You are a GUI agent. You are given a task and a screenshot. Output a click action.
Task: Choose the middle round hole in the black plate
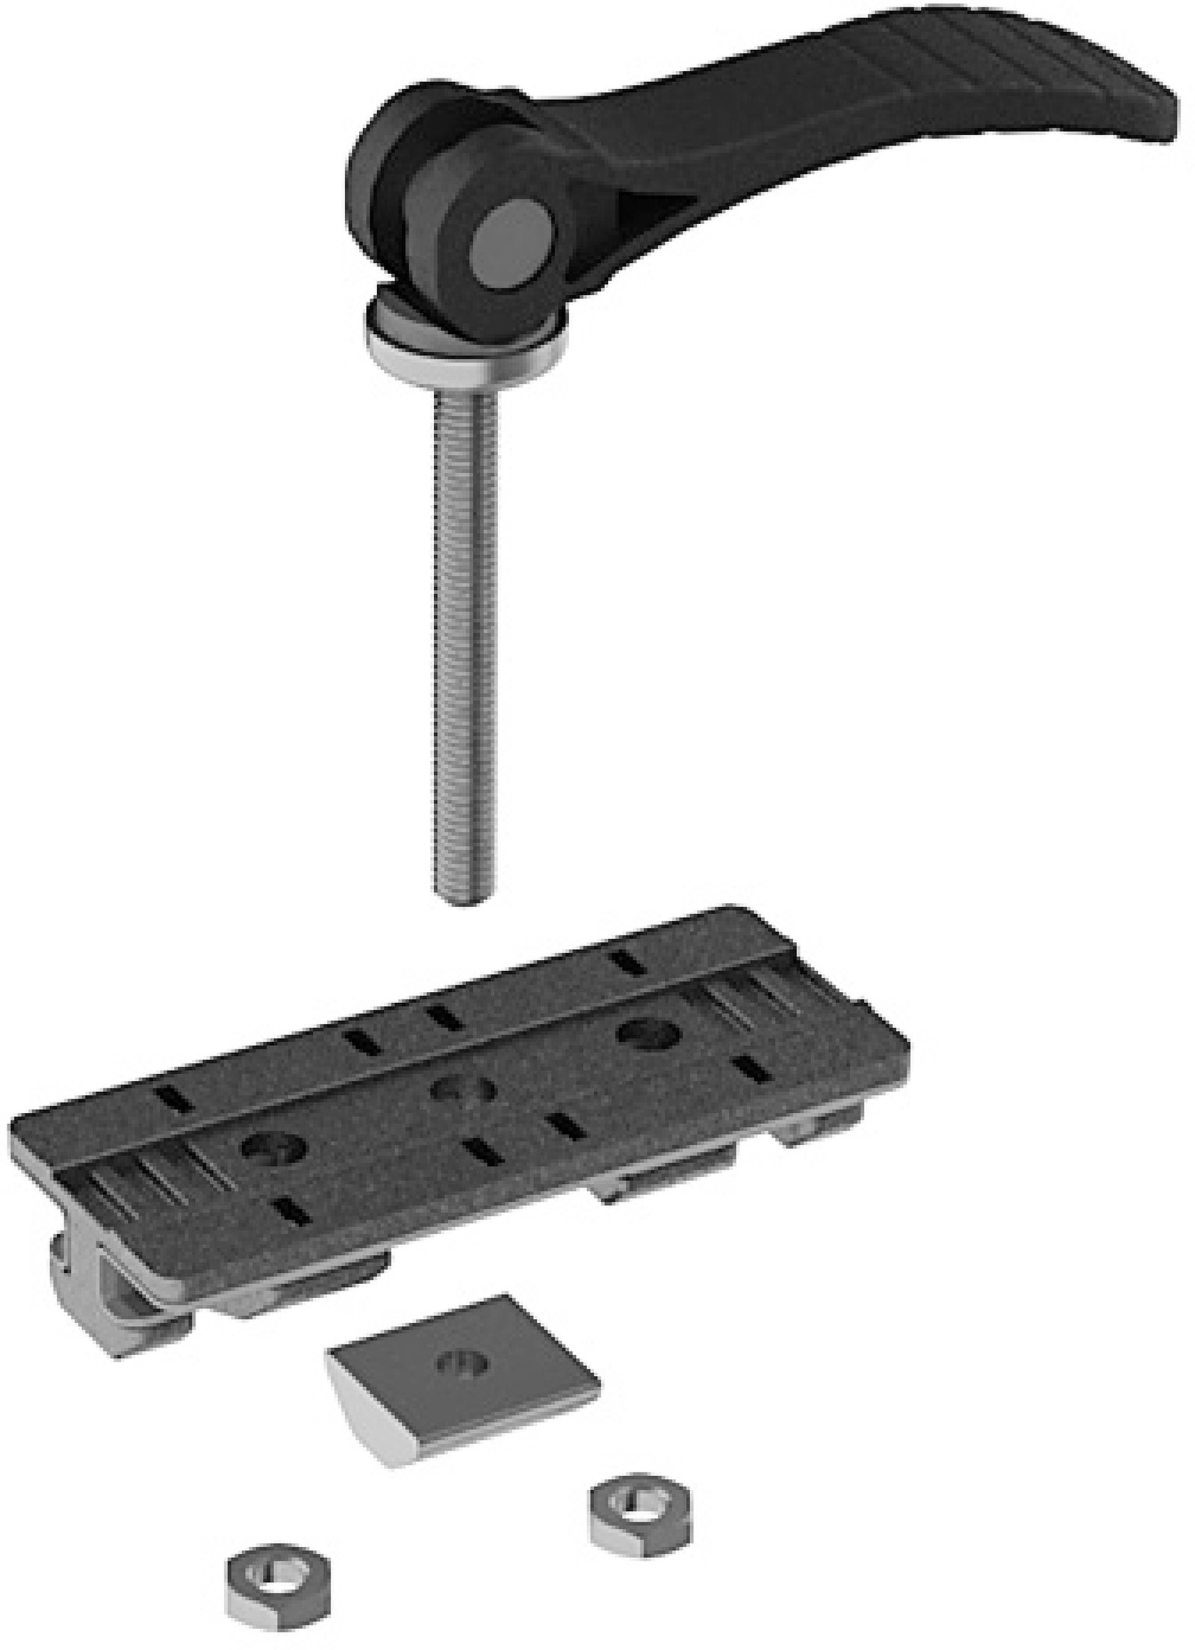pyautogui.click(x=464, y=1090)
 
